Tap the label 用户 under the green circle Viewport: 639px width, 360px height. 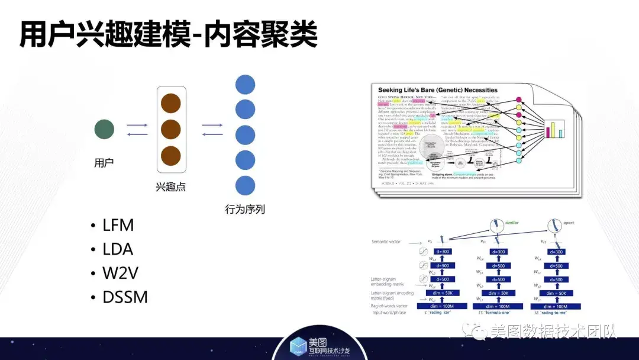click(x=104, y=162)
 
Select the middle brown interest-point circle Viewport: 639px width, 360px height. click(x=170, y=129)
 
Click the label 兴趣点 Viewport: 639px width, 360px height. click(x=171, y=187)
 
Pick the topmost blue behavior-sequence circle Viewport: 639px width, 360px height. click(x=245, y=84)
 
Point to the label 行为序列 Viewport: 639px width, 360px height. click(x=245, y=209)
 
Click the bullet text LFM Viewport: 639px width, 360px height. click(x=118, y=226)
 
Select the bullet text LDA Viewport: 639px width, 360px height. click(x=118, y=249)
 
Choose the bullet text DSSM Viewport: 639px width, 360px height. click(x=125, y=297)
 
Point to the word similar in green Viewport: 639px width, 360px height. click(x=512, y=223)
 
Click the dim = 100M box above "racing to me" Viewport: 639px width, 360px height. click(x=557, y=306)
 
